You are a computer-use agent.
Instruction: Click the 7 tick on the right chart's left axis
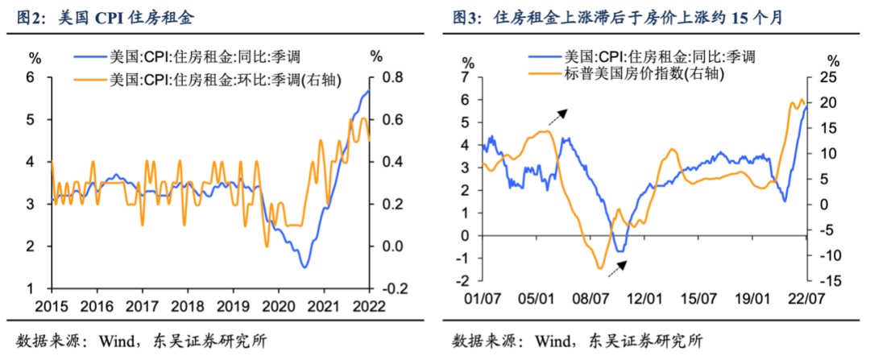pos(466,77)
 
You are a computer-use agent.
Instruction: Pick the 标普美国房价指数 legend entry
pos(629,74)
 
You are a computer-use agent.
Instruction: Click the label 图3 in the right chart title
pos(462,17)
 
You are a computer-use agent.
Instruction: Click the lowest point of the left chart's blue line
pos(304,267)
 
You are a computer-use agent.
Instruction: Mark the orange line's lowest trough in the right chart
pos(600,267)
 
